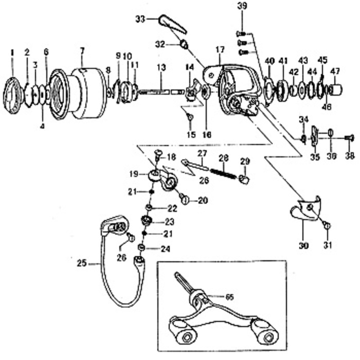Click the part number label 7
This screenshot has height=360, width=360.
82,51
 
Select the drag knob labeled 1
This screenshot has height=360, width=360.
13,96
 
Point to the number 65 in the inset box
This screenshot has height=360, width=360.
229,297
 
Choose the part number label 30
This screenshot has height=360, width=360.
304,246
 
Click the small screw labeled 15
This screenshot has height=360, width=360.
190,117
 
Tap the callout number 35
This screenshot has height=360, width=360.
315,157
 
